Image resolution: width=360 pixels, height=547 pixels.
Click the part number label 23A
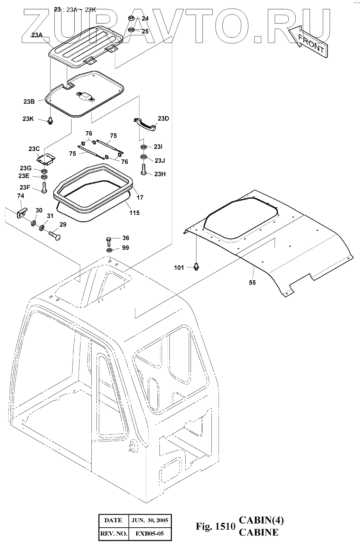tap(37, 35)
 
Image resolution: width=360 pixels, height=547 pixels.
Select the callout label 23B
tap(29, 102)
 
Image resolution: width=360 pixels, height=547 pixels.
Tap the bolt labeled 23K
tap(50, 121)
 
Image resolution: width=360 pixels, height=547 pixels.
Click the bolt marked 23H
tap(144, 170)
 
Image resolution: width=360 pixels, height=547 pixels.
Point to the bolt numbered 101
tap(197, 266)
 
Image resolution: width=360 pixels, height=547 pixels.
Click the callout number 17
tap(140, 198)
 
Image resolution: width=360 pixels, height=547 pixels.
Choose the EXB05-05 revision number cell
tap(150, 534)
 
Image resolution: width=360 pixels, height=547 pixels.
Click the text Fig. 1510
tap(215, 527)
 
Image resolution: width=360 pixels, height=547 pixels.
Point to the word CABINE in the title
tap(259, 532)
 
